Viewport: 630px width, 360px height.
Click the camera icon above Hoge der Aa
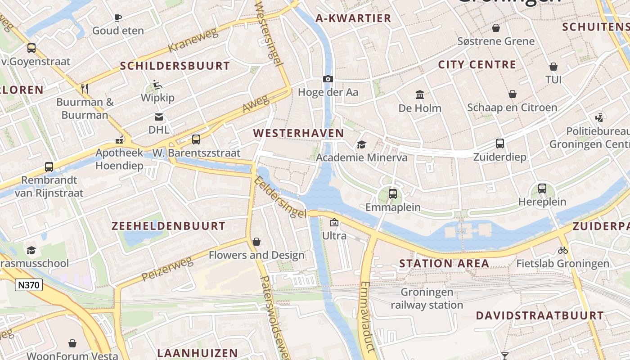pyautogui.click(x=328, y=79)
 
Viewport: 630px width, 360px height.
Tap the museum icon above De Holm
pyautogui.click(x=420, y=95)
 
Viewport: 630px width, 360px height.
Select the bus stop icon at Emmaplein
pyautogui.click(x=393, y=194)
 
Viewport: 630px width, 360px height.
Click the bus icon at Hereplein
pyautogui.click(x=542, y=189)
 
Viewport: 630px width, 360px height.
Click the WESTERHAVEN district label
pyautogui.click(x=298, y=133)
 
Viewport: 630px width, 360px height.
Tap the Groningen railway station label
pyautogui.click(x=427, y=299)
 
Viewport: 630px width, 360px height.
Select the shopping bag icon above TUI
pyautogui.click(x=553, y=67)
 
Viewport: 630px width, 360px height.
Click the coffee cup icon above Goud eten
pyautogui.click(x=118, y=18)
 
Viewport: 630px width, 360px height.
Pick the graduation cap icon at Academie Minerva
pyautogui.click(x=361, y=144)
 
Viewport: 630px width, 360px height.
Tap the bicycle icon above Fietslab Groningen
pyautogui.click(x=562, y=250)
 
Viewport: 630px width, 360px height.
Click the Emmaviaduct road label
pyautogui.click(x=367, y=316)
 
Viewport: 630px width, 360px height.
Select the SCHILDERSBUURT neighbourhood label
pyautogui.click(x=175, y=66)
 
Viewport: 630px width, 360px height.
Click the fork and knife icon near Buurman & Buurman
pyautogui.click(x=85, y=88)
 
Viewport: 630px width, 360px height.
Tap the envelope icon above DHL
pyautogui.click(x=159, y=117)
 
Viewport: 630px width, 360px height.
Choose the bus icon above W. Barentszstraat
pyautogui.click(x=196, y=139)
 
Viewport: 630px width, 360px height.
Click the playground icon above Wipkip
pyautogui.click(x=157, y=85)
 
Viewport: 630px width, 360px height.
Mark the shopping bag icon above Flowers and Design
pyautogui.click(x=256, y=242)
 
